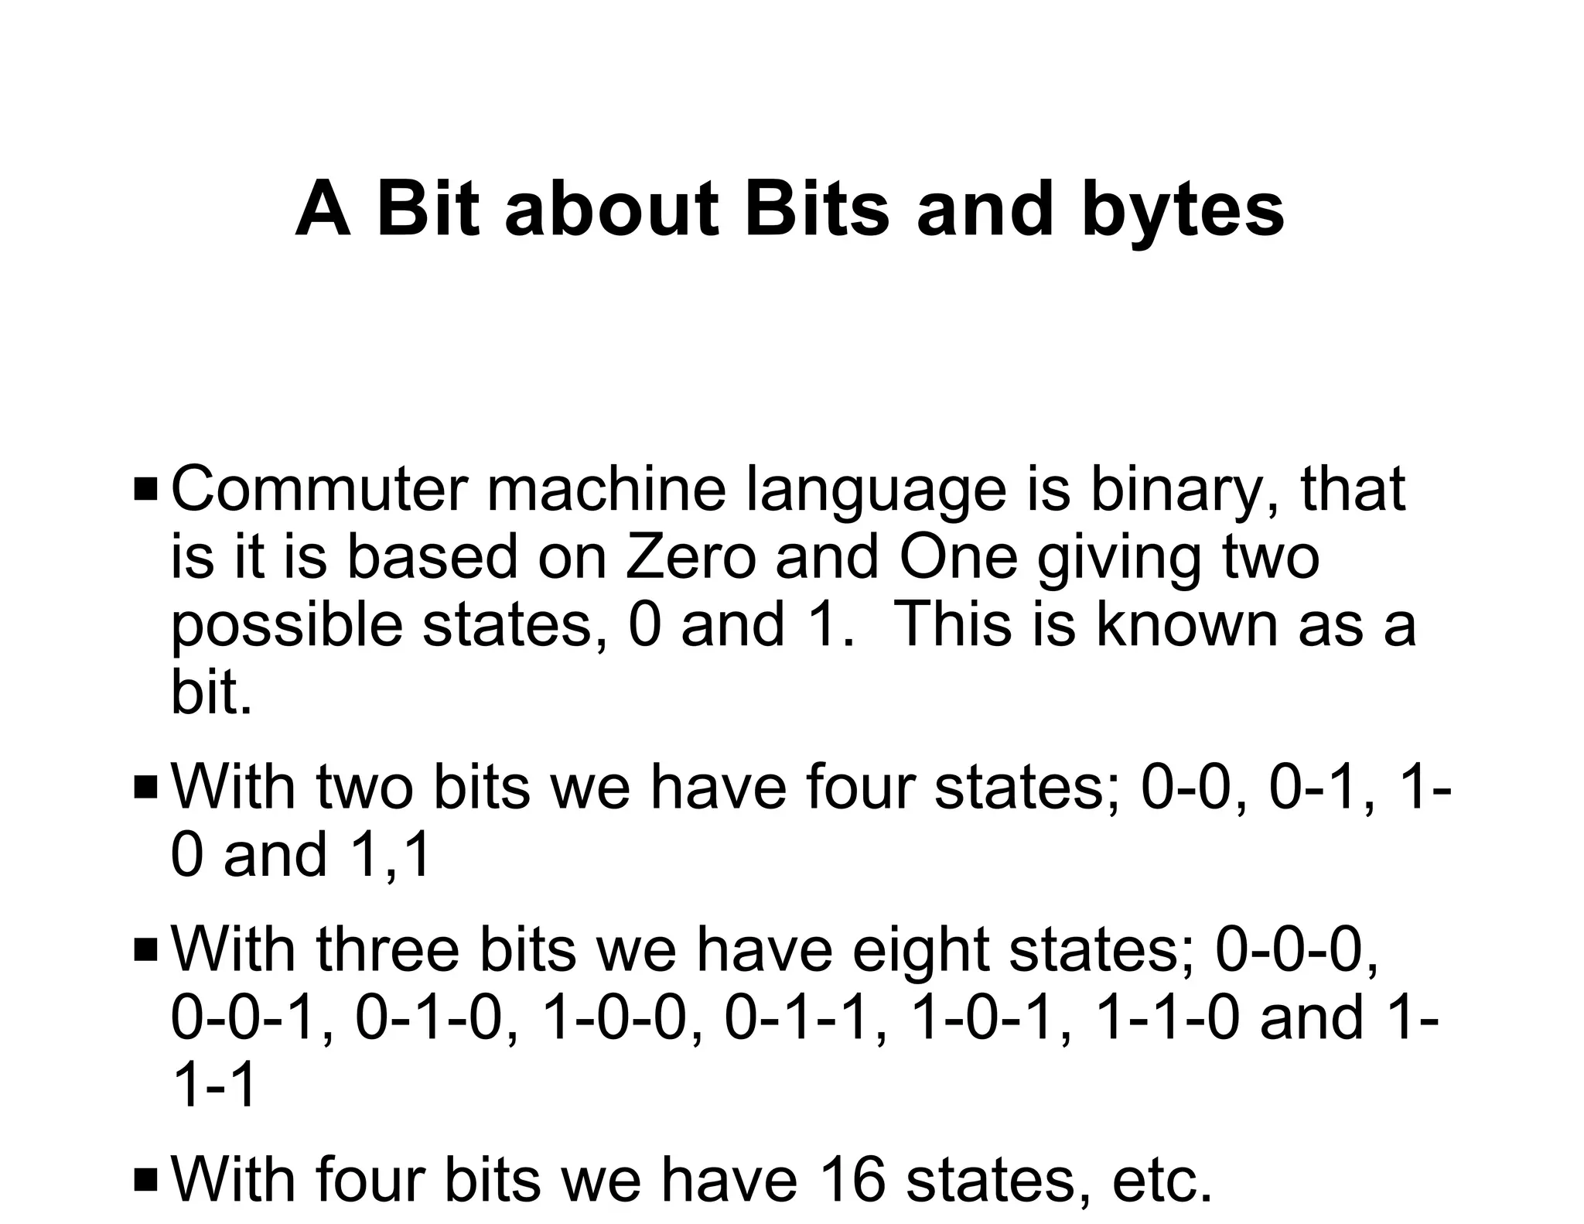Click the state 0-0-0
(x=1296, y=951)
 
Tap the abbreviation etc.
(x=1161, y=1181)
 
